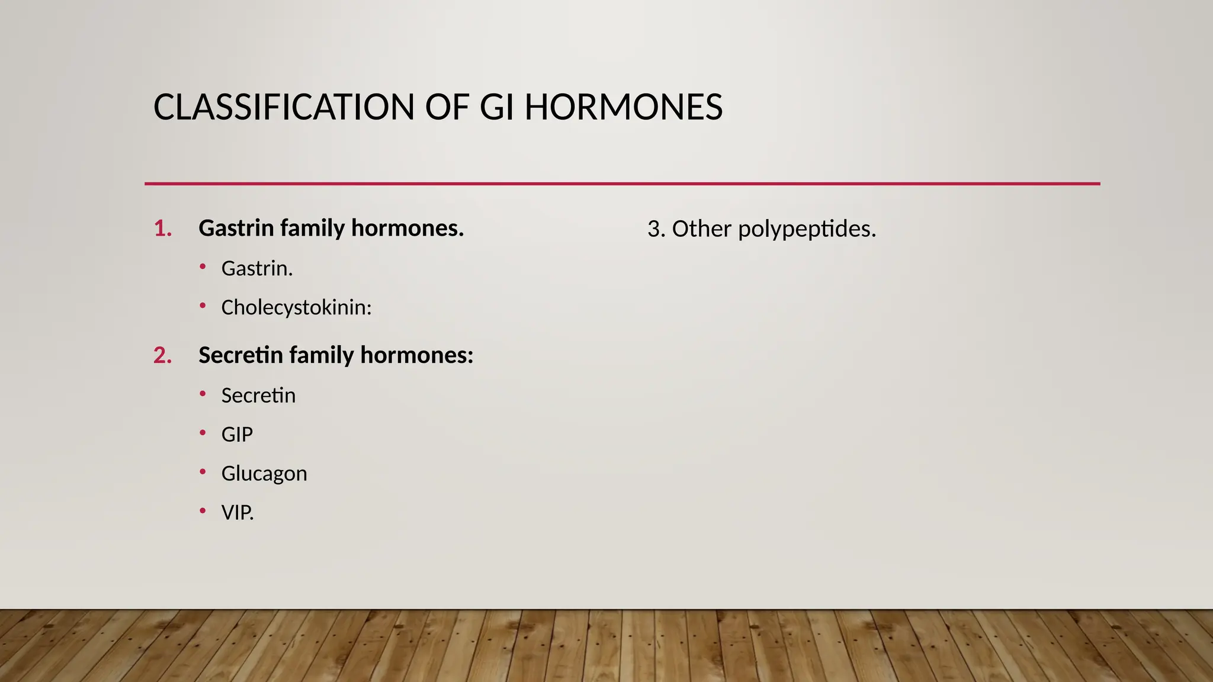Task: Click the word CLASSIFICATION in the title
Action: (x=284, y=108)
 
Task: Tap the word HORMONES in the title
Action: (x=623, y=108)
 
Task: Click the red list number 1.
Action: (x=162, y=229)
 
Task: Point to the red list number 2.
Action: (x=162, y=356)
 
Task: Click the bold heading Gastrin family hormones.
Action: (x=330, y=229)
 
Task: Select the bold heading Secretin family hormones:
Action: (x=335, y=356)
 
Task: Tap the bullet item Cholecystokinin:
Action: (x=296, y=308)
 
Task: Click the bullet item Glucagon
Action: (x=264, y=474)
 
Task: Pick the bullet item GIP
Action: (x=237, y=435)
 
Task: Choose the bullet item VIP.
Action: (x=237, y=513)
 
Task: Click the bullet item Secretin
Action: (x=258, y=395)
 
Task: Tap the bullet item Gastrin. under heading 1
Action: (x=256, y=269)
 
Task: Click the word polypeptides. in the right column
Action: (x=807, y=230)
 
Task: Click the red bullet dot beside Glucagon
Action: (x=203, y=472)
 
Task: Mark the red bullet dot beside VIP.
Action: (x=203, y=511)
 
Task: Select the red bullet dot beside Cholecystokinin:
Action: (x=203, y=306)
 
